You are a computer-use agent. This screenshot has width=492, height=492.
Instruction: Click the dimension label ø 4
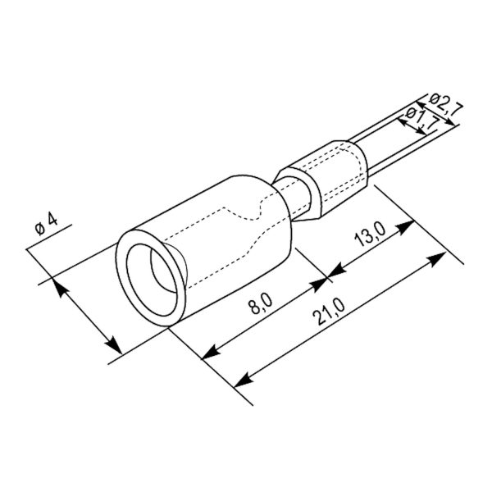[x=47, y=224]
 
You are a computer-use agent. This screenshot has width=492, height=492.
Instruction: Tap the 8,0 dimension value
[x=261, y=304]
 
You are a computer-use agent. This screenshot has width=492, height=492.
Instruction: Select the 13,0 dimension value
[x=370, y=235]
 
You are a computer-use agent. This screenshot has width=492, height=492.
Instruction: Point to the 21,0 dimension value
[x=330, y=312]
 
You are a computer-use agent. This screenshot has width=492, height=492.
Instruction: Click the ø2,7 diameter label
[x=445, y=104]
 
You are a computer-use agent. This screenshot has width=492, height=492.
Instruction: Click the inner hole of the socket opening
[x=152, y=280]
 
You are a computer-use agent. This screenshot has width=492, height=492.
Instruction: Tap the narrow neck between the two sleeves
[x=295, y=198]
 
